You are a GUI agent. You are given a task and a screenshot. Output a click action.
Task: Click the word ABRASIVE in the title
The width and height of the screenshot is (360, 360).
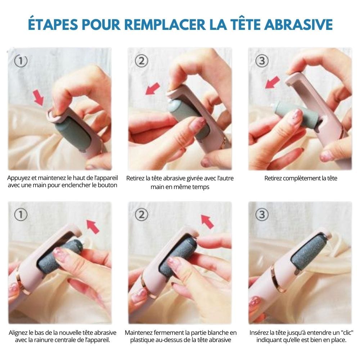298,24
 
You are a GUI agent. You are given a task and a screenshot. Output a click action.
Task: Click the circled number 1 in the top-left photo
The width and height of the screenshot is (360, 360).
21,61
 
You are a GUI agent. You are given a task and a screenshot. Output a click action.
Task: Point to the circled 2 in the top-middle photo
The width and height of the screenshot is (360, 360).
141,61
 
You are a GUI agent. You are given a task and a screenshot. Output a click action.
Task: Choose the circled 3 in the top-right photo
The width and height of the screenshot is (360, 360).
262,61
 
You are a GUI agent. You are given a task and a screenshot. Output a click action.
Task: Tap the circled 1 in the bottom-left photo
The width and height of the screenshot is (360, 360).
21,215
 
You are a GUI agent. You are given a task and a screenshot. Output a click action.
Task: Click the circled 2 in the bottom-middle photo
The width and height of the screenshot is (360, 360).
141,215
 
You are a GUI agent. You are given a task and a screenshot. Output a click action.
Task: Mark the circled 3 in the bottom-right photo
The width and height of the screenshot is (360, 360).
262,215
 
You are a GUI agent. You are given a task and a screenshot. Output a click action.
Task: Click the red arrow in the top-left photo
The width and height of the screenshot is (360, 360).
39,98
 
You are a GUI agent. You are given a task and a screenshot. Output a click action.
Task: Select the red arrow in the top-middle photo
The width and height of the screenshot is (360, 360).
153,89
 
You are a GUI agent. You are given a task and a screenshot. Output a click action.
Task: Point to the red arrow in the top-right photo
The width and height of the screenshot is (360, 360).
273,82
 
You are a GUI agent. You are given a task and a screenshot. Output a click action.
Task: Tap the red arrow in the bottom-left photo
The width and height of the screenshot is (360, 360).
93,226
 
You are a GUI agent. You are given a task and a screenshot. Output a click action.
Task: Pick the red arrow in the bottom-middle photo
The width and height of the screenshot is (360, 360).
207,221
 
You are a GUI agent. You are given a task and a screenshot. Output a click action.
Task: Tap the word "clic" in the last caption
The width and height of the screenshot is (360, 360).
346,333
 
